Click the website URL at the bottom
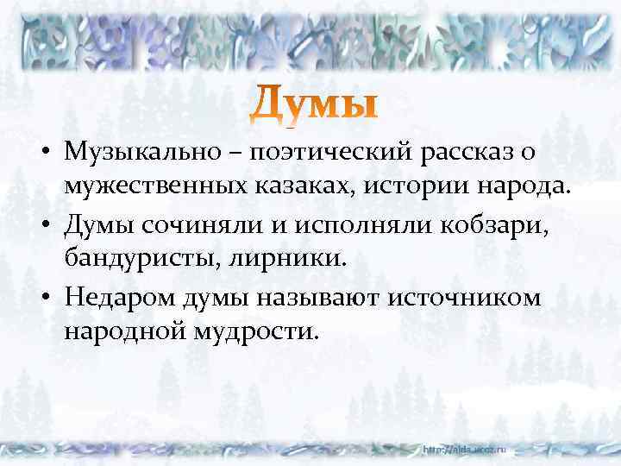467,450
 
